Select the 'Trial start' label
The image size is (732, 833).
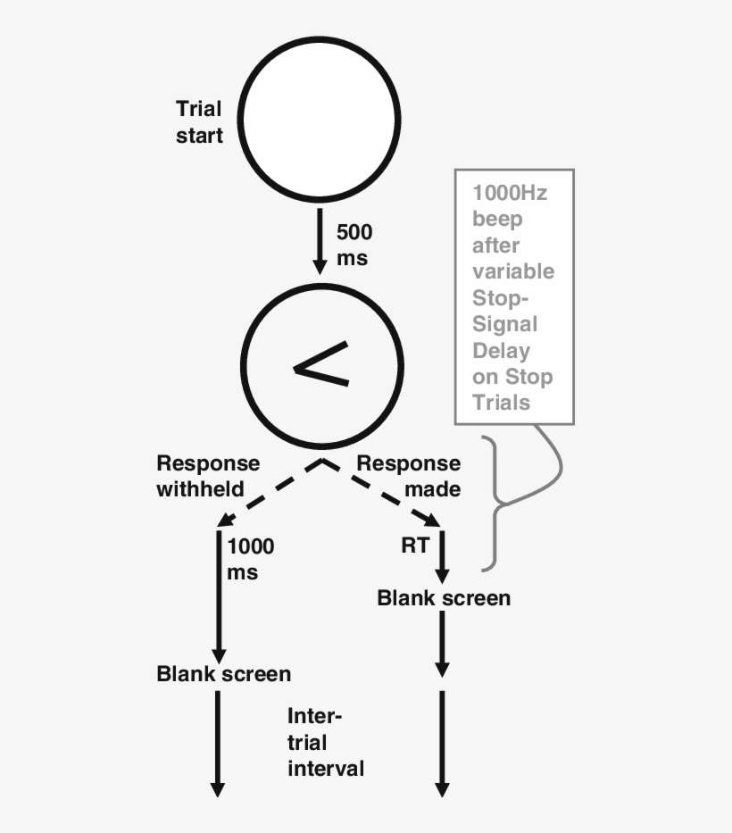coord(199,122)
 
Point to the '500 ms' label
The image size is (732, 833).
coord(354,245)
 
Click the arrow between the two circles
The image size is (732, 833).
coord(319,241)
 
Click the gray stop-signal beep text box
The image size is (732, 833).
coord(513,296)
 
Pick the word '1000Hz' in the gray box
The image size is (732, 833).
coord(510,192)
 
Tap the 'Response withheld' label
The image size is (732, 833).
coord(207,476)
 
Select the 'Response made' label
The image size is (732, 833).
coord(409,476)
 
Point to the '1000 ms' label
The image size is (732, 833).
coord(251,559)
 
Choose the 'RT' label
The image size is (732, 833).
coord(415,546)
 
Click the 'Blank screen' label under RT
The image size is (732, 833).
coord(444,597)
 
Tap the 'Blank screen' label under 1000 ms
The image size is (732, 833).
coord(223,673)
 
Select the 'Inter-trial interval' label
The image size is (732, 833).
coord(325,742)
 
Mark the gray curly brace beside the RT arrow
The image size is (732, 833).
coord(500,504)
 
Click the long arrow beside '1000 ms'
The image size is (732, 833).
coord(218,594)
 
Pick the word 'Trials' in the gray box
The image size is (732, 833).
coord(501,403)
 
